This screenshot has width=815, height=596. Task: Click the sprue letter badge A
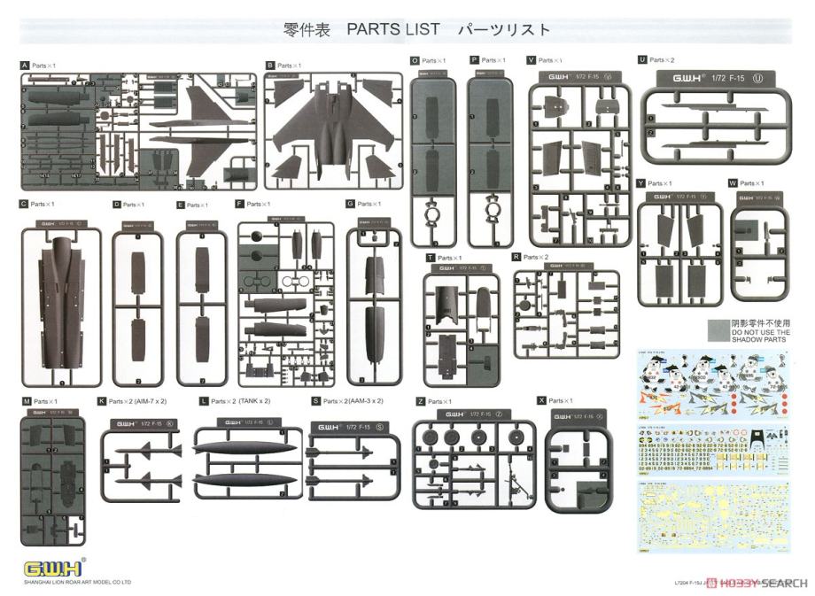point(25,66)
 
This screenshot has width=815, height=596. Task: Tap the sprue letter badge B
point(270,66)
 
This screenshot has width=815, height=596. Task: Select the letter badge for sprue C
point(24,205)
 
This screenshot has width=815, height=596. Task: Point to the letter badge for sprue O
point(415,60)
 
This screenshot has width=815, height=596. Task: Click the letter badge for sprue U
point(641,60)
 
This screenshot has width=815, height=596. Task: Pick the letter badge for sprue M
point(26,402)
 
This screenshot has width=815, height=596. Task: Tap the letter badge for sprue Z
point(420,401)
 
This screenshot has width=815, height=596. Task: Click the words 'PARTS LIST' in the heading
point(392,29)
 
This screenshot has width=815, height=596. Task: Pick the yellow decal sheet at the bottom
point(713,515)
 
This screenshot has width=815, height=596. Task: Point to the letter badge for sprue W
point(733,183)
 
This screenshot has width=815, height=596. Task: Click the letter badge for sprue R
point(516,257)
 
